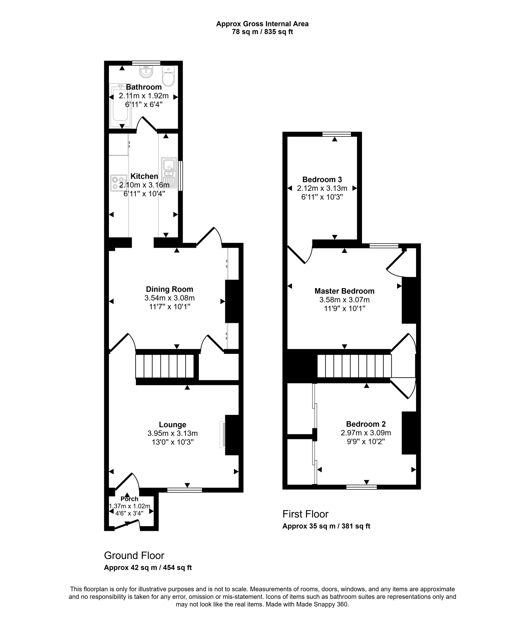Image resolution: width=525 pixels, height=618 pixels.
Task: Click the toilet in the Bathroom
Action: click(x=168, y=76)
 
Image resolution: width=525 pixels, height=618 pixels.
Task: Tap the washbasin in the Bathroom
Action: click(x=146, y=71)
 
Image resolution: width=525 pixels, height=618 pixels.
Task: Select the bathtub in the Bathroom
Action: click(x=120, y=106)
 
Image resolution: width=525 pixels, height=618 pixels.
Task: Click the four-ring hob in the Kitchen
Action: click(x=118, y=183)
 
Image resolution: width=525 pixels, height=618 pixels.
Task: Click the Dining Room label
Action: click(x=169, y=289)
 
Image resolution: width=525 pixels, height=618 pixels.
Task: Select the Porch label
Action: click(x=129, y=499)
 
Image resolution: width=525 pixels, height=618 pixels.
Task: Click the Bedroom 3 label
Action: click(x=322, y=179)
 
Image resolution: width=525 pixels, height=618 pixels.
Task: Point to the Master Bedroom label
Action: click(x=344, y=291)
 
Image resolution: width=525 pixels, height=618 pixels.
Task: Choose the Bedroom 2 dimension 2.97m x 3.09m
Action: click(x=366, y=433)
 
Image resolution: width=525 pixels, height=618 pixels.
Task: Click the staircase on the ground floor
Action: click(x=165, y=366)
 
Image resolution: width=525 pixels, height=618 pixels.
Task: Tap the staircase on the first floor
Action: click(x=354, y=366)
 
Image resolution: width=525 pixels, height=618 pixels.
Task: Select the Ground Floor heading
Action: click(x=134, y=556)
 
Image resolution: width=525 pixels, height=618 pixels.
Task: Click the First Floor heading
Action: click(x=305, y=514)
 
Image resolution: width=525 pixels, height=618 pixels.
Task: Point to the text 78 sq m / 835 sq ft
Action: click(x=262, y=32)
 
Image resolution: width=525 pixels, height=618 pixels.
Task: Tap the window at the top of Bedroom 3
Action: click(x=337, y=134)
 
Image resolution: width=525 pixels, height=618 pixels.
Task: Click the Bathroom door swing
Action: click(x=146, y=124)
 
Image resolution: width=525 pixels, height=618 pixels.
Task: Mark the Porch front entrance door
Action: click(x=127, y=525)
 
